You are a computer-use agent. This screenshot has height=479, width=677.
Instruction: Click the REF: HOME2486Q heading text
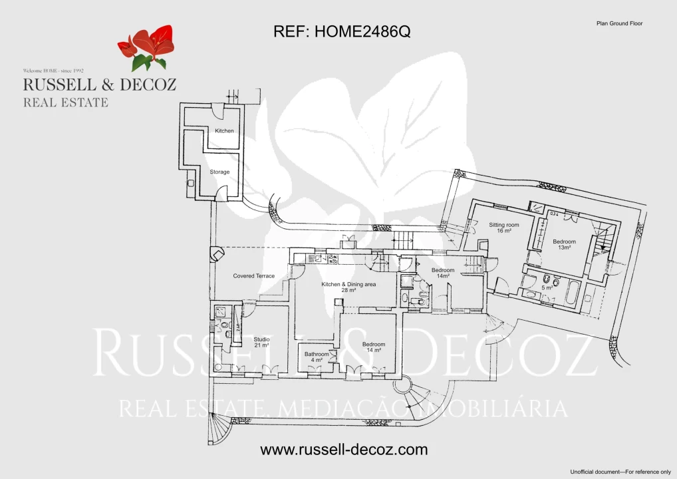(342, 32)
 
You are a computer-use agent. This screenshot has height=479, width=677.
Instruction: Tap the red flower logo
(147, 47)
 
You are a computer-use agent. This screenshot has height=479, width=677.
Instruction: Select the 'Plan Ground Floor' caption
(620, 23)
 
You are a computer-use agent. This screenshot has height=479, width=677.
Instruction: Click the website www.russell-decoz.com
(344, 450)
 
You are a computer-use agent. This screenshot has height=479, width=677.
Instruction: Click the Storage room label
(219, 172)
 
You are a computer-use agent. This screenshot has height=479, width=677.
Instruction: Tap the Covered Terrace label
(253, 275)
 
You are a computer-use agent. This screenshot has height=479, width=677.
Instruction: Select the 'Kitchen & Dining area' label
(349, 284)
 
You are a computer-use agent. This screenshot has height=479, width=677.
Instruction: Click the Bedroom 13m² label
(564, 244)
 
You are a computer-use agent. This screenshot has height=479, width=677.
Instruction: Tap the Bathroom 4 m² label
(317, 354)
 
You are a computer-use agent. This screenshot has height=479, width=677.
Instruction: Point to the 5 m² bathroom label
(547, 287)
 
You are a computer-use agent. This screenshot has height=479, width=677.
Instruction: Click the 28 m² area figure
(349, 291)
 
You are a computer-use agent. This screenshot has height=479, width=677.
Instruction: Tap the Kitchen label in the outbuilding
(224, 131)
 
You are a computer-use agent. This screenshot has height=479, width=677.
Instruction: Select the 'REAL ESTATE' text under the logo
(65, 102)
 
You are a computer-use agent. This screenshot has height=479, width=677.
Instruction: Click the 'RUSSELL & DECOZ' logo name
(99, 84)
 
